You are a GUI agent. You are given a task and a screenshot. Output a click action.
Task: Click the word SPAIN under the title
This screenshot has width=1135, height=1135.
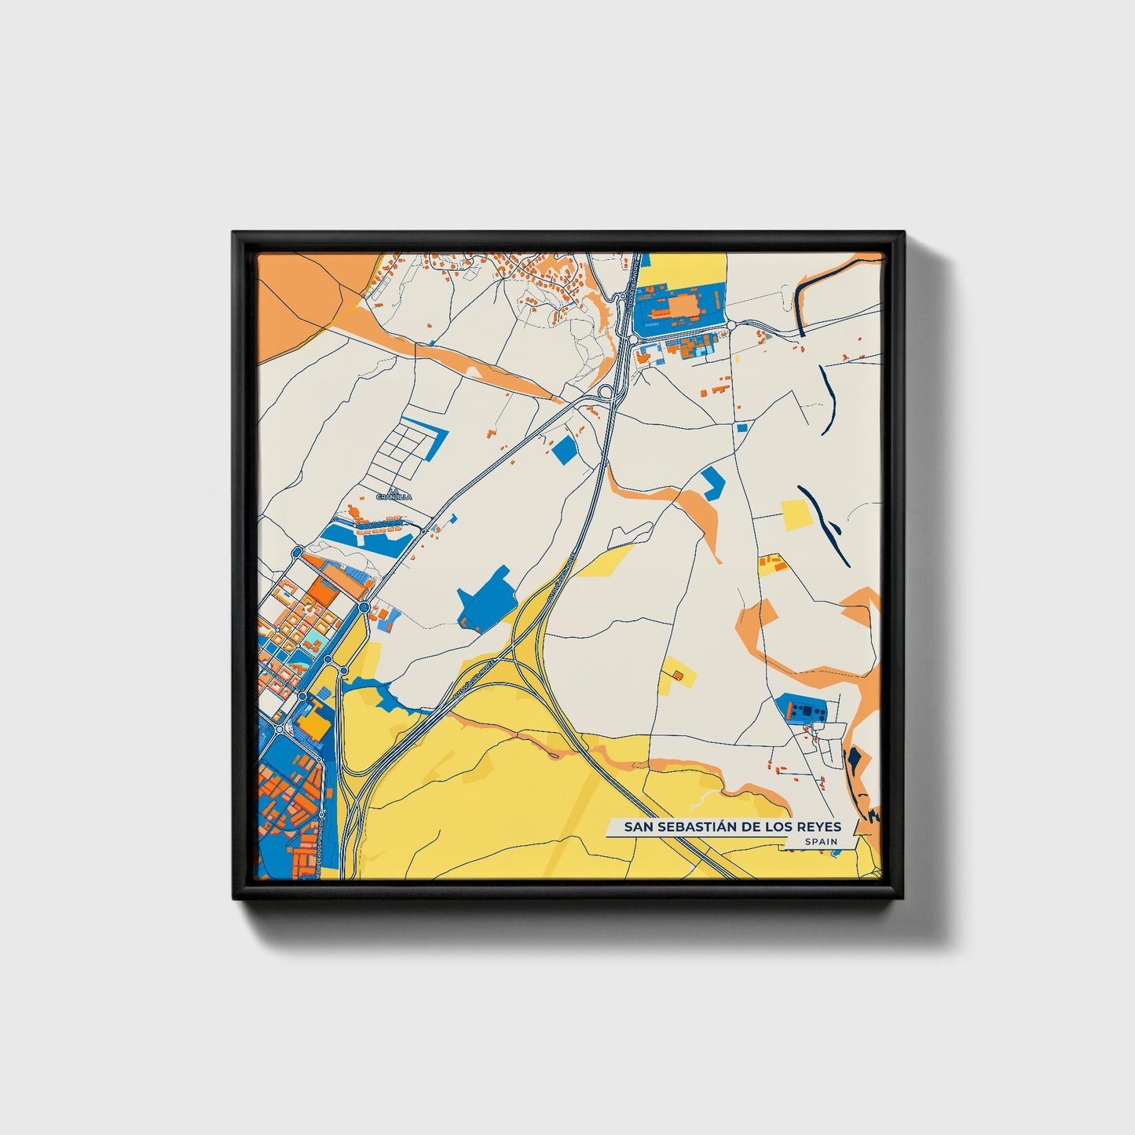pos(820,841)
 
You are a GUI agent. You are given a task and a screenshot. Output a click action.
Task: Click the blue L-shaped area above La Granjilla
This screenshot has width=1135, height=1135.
pos(431,440)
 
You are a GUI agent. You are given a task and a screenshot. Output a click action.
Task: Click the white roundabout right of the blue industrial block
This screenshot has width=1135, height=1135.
pos(730,325)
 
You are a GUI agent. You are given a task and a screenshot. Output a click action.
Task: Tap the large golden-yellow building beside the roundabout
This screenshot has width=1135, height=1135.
pos(316,721)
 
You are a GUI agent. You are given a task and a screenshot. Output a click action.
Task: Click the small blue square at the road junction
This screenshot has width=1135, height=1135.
pos(742,428)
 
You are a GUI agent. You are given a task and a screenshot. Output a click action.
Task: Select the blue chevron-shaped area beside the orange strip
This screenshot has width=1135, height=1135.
pos(712,481)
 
